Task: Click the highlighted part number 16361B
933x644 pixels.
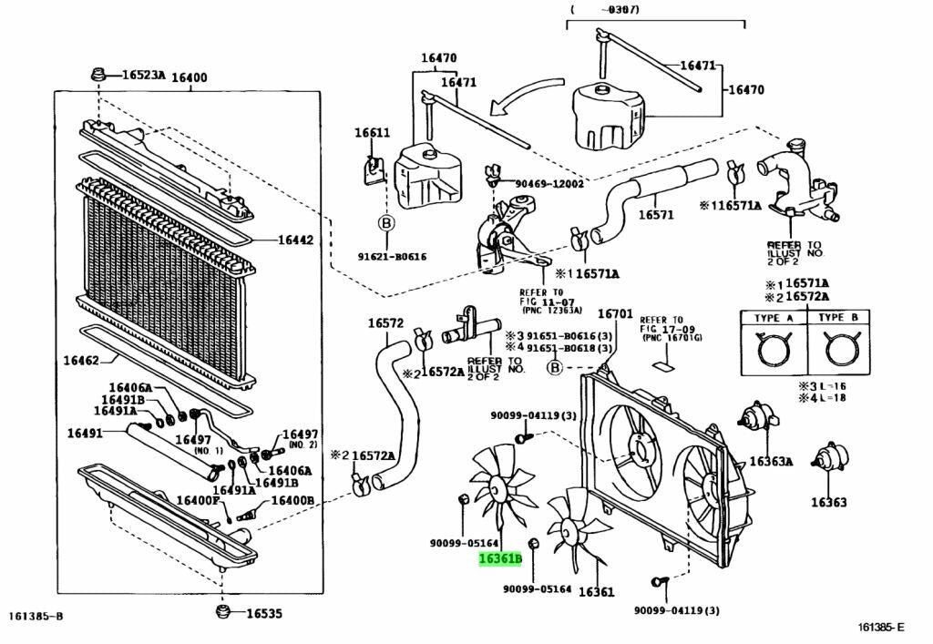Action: click(x=500, y=559)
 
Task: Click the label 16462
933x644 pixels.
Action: click(x=81, y=361)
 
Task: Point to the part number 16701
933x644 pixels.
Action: click(x=614, y=314)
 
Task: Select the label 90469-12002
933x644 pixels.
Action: click(x=549, y=184)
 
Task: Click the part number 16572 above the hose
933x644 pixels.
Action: click(x=385, y=323)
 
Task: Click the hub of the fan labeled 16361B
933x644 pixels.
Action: click(x=495, y=491)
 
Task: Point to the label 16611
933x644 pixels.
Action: click(x=372, y=133)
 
